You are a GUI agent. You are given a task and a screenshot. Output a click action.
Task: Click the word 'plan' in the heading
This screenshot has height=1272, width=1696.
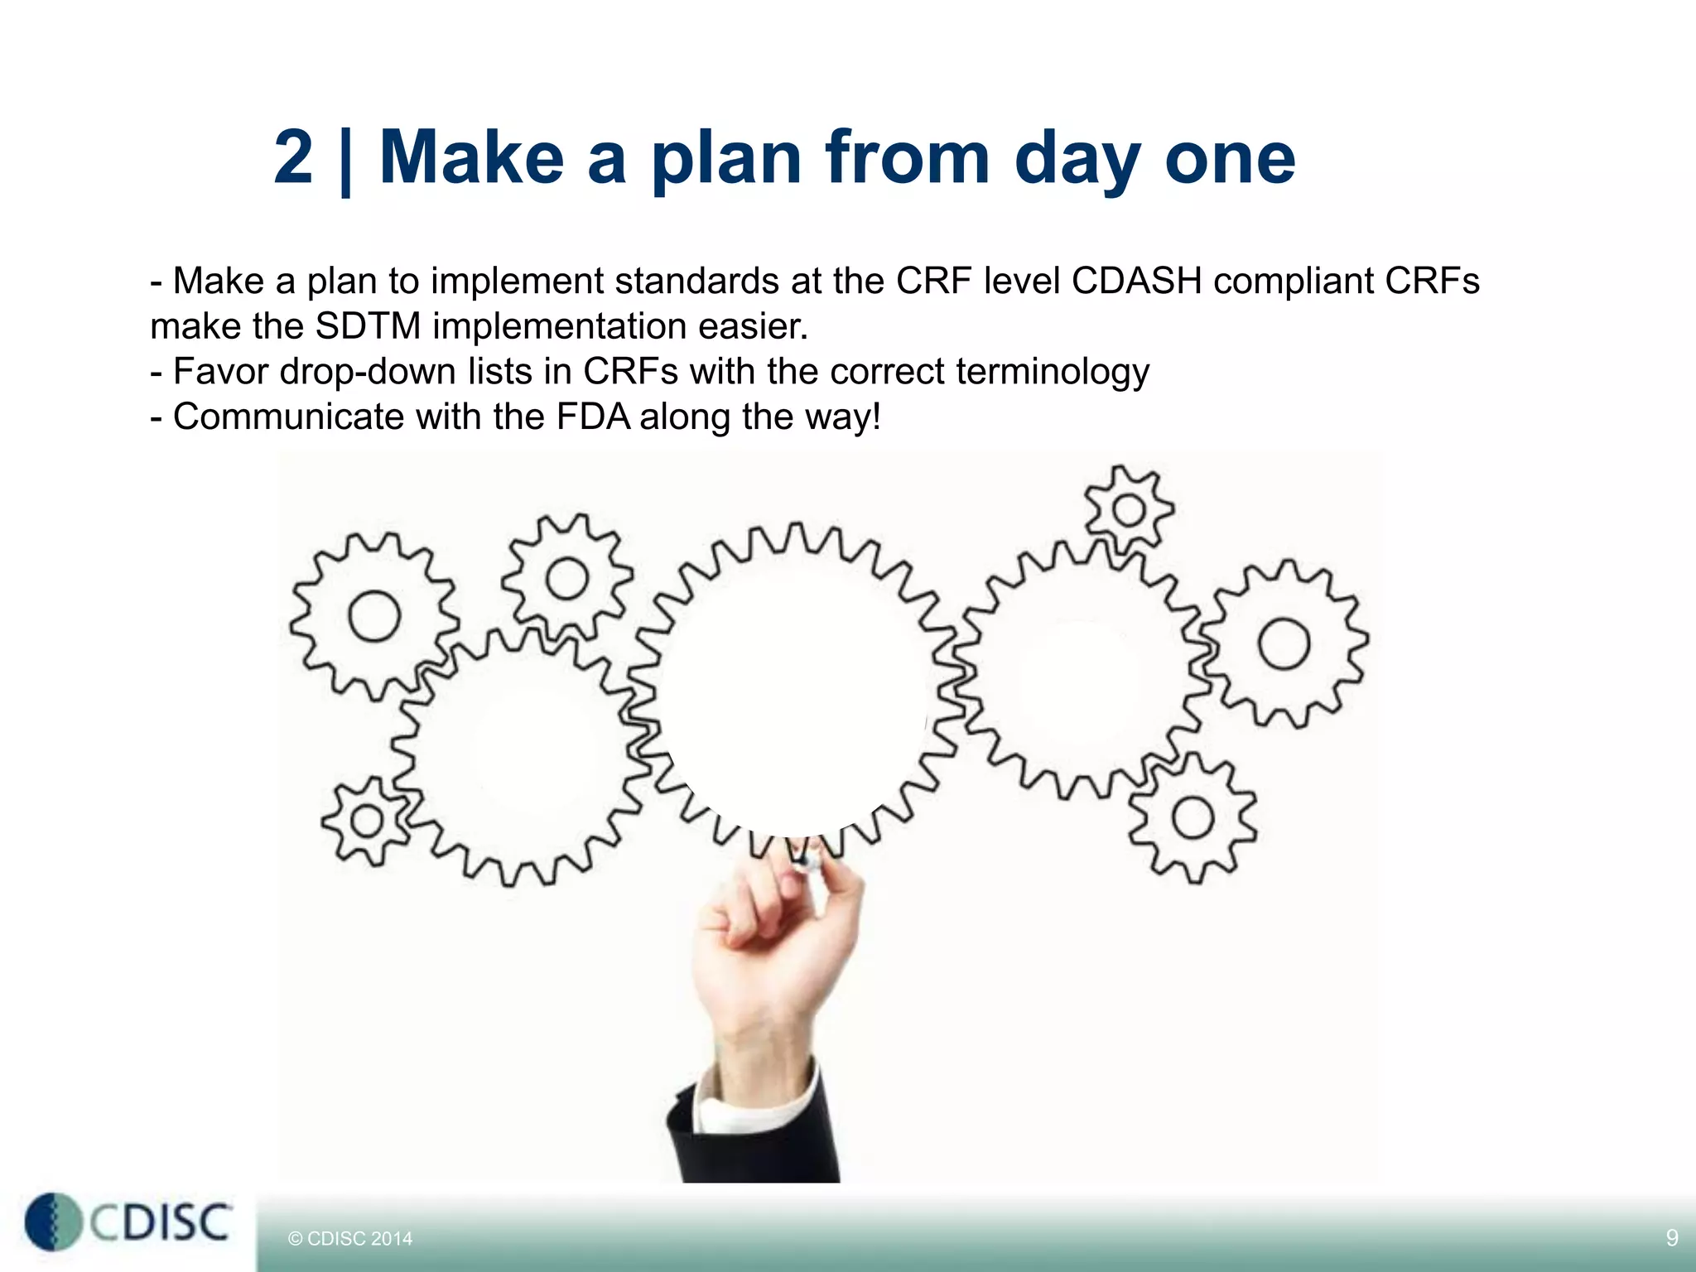(725, 159)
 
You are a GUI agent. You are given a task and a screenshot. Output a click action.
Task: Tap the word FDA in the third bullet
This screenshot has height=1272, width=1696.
(593, 417)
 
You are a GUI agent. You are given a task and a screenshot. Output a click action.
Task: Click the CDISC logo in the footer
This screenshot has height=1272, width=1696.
(128, 1222)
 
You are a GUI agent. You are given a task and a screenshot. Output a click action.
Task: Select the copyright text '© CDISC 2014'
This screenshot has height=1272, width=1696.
(349, 1239)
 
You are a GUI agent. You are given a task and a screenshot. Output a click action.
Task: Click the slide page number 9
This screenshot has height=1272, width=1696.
(1671, 1238)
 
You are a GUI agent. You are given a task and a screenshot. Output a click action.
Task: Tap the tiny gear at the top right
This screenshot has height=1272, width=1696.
(1129, 510)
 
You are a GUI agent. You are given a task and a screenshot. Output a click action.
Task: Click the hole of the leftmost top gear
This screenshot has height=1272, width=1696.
(374, 617)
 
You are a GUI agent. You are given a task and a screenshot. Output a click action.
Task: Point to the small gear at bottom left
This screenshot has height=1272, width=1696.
(366, 821)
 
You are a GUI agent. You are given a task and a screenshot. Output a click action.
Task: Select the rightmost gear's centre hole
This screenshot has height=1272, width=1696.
(1284, 644)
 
